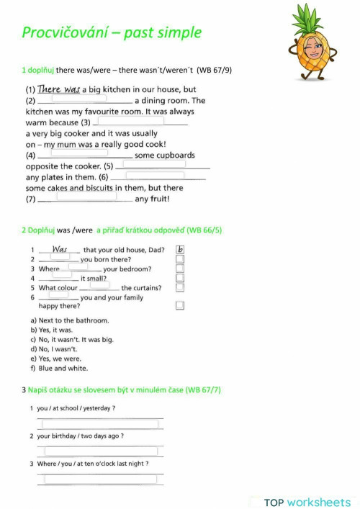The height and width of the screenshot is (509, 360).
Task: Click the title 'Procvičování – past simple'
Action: (112, 32)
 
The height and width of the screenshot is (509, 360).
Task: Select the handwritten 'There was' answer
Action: (58, 89)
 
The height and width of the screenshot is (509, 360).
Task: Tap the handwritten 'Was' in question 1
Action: (60, 250)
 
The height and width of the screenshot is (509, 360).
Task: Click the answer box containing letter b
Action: (180, 250)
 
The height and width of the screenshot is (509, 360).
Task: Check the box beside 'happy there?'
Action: (180, 305)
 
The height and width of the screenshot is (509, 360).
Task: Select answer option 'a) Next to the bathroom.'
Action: (70, 320)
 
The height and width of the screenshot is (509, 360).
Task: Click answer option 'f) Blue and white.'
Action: (59, 368)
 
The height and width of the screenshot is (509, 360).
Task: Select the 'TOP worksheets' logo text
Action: (307, 502)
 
